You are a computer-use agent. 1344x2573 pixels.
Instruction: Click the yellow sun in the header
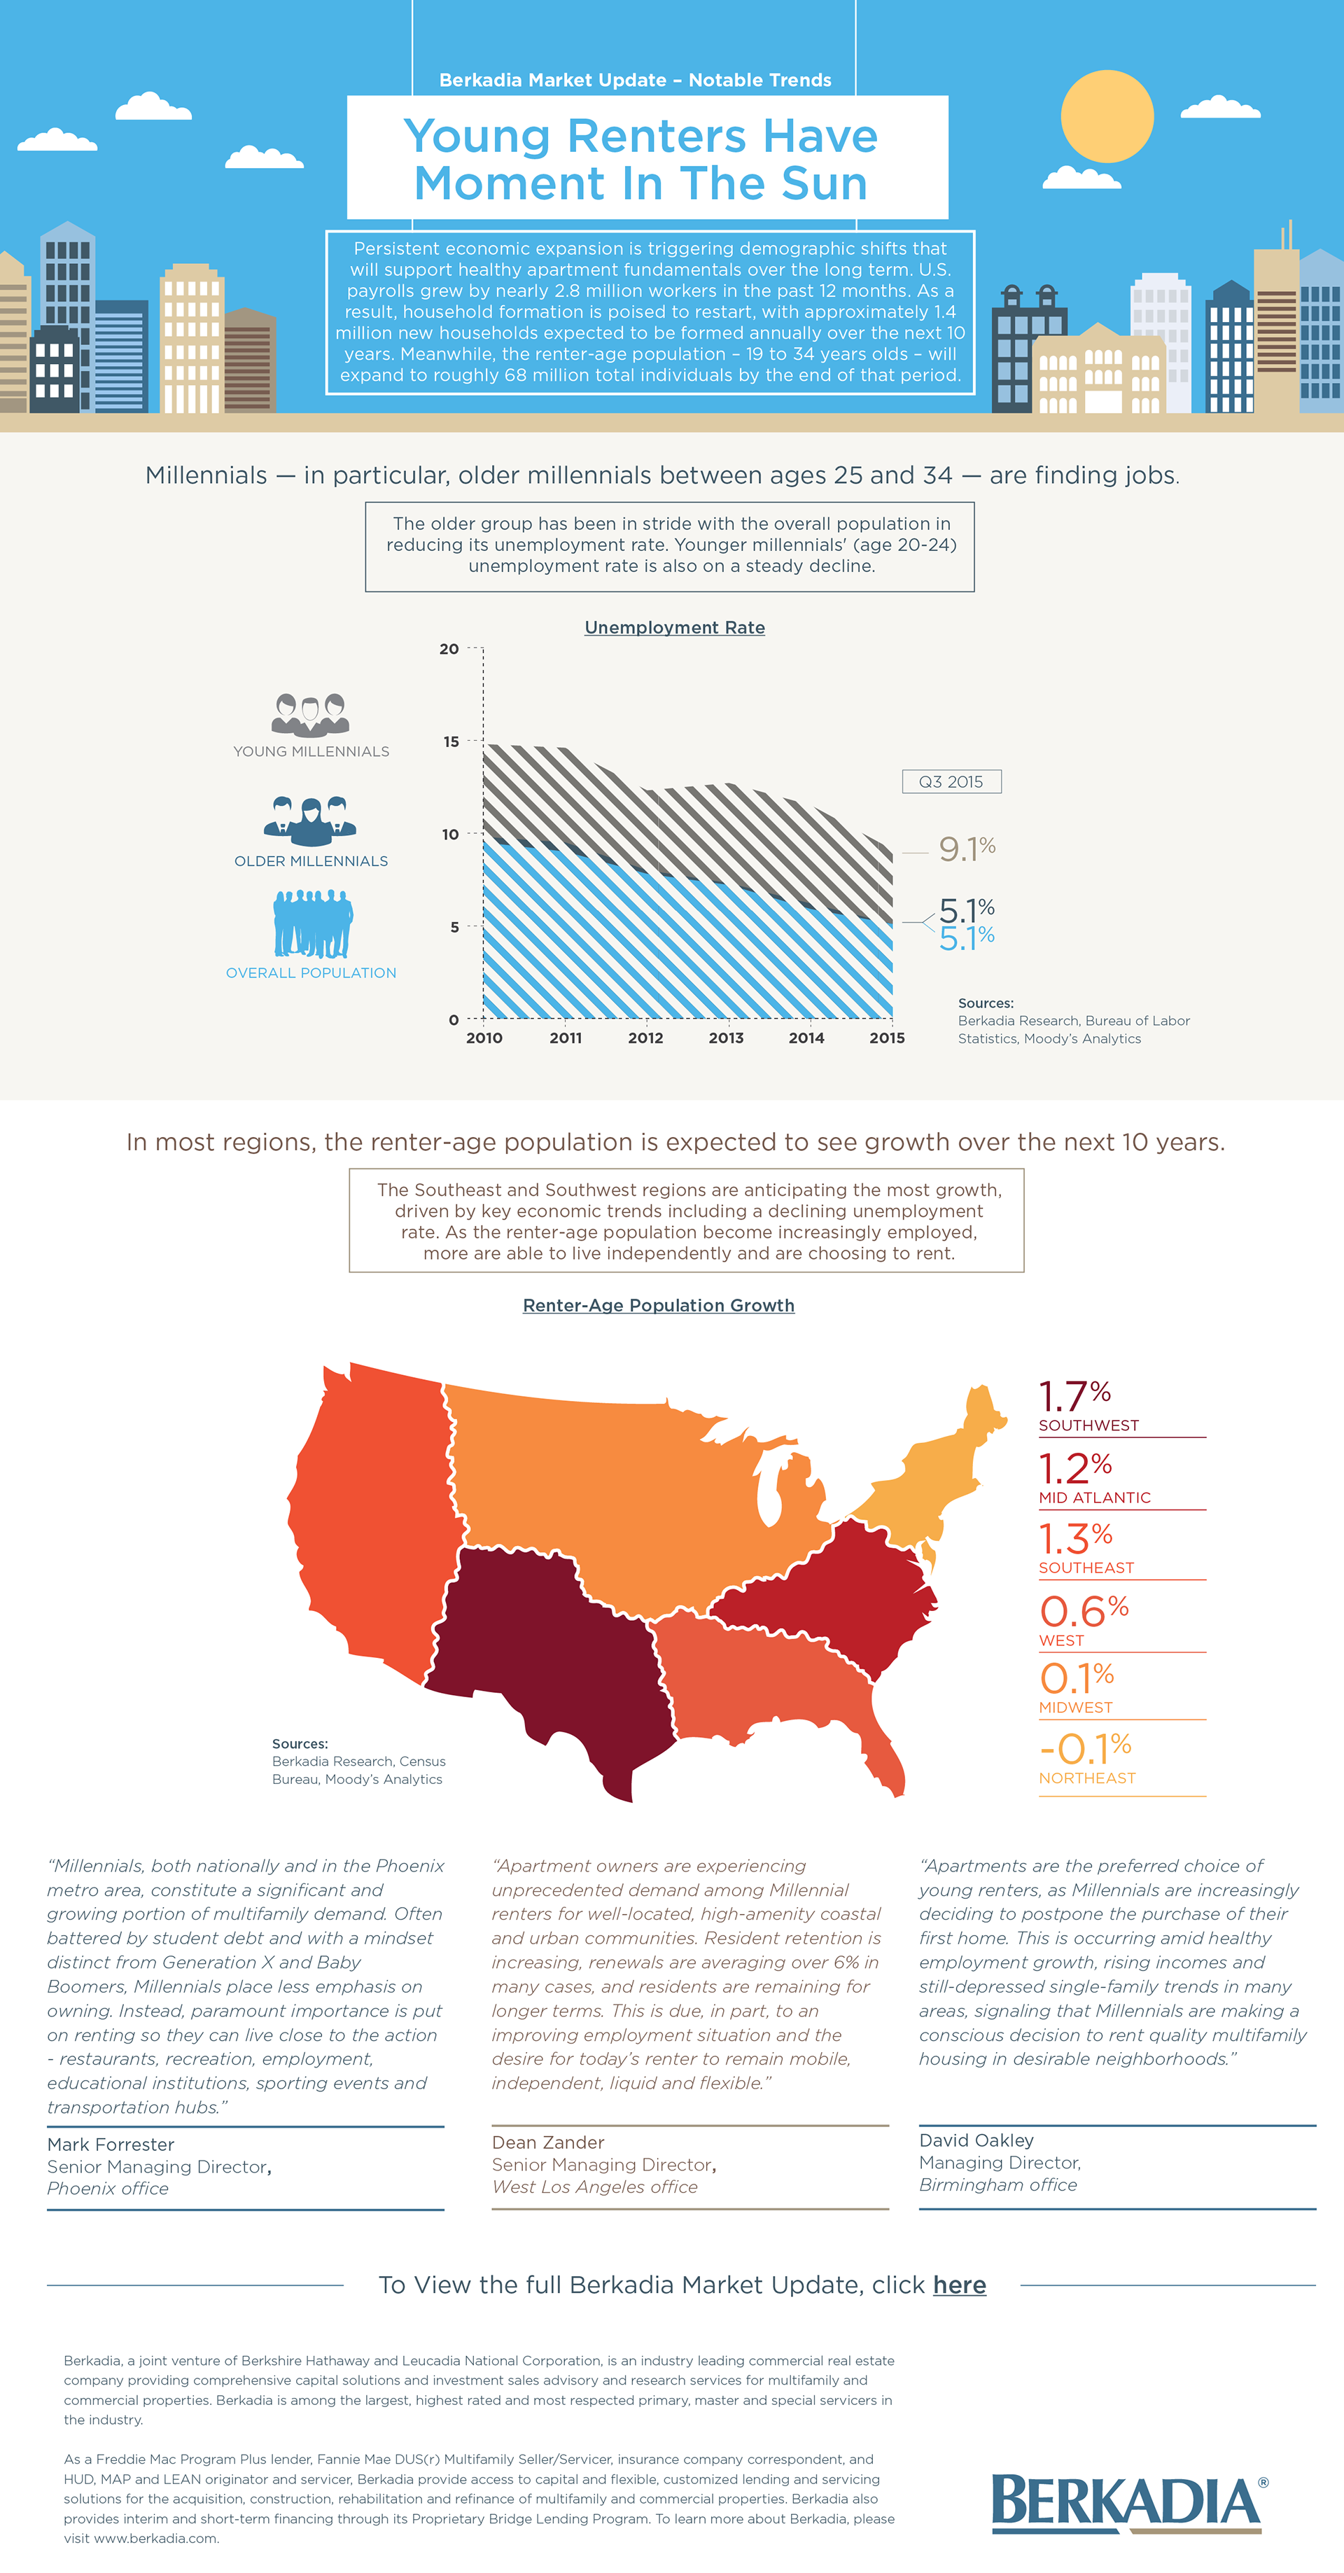click(x=1107, y=116)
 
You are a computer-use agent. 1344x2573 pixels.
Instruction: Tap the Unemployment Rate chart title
click(x=674, y=627)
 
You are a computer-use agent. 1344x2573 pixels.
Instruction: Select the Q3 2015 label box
click(x=951, y=781)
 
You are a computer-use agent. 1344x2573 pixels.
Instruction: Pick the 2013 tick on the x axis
click(x=726, y=1038)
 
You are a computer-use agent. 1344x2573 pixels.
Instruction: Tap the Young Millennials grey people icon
click(x=311, y=714)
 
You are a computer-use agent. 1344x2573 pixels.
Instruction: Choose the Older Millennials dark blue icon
click(x=311, y=822)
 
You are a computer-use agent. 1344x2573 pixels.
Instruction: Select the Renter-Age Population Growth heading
click(x=658, y=1306)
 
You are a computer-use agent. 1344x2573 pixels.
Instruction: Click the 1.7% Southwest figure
click(x=1074, y=1396)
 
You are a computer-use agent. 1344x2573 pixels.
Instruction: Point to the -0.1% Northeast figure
click(x=1084, y=1750)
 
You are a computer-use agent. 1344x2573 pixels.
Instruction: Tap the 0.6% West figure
click(x=1084, y=1611)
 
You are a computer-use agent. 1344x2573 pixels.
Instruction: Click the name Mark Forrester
click(x=111, y=2145)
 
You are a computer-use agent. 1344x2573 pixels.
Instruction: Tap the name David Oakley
click(x=976, y=2140)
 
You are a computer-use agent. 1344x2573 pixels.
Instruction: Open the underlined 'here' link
click(x=958, y=2285)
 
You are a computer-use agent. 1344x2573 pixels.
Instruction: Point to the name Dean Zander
click(x=547, y=2142)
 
